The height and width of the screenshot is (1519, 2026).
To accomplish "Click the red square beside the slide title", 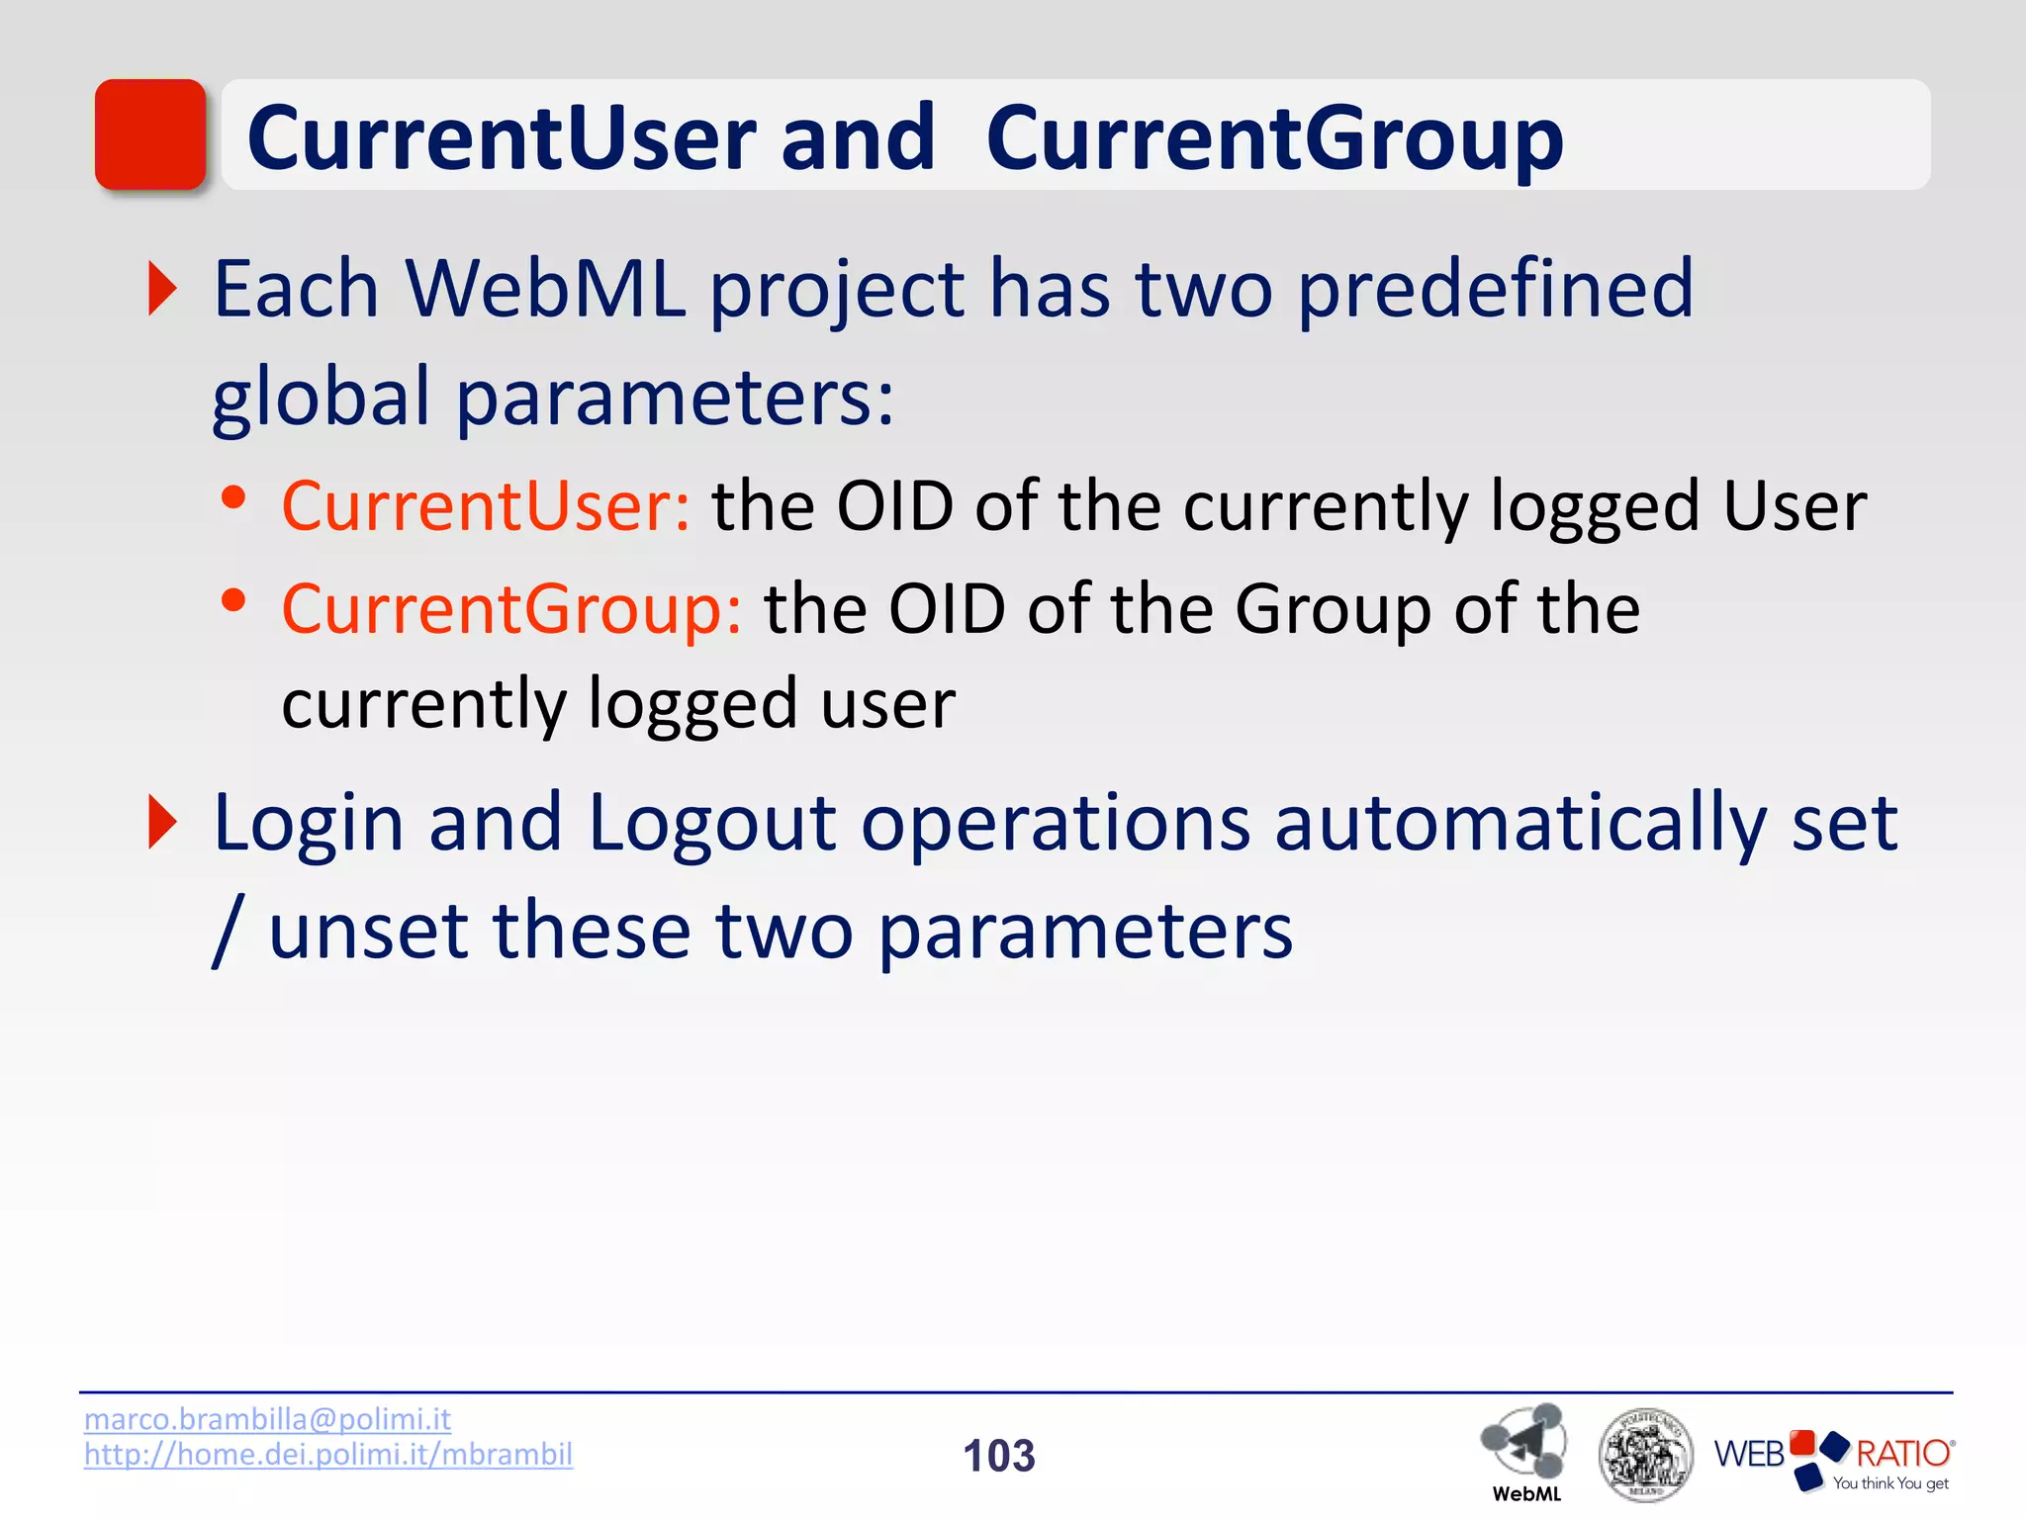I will click(150, 134).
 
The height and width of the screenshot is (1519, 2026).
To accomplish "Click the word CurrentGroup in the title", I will click(1274, 138).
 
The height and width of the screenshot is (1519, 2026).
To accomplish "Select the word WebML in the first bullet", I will click(545, 289).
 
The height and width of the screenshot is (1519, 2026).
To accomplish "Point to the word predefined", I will click(1495, 289).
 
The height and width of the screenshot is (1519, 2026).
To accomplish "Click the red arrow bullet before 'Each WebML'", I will click(162, 289).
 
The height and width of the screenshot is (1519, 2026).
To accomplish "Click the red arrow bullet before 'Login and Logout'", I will click(162, 822).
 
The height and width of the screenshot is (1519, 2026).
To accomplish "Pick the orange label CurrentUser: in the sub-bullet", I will click(486, 506).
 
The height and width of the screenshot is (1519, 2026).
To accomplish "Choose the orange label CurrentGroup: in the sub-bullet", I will click(511, 609).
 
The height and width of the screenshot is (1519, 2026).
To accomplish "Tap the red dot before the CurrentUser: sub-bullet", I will click(233, 497).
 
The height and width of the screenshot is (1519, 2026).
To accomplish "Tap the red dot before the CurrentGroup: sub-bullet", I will click(233, 600).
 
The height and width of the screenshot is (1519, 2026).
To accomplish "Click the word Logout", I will click(712, 823).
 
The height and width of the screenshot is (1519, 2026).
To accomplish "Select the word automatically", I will click(1520, 823).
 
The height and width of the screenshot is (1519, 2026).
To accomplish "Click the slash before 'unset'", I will click(228, 931).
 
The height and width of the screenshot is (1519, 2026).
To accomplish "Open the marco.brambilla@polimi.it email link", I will click(267, 1419).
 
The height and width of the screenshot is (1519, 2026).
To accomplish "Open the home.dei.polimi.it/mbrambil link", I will click(327, 1454).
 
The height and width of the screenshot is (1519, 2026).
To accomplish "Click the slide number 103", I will click(999, 1456).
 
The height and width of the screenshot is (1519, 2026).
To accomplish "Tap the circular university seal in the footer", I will click(1645, 1455).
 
